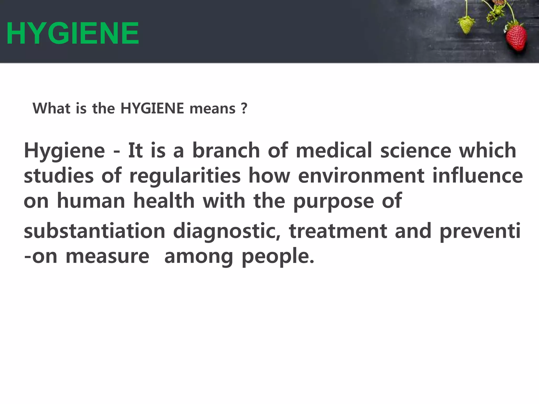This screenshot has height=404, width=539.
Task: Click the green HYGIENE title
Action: (72, 33)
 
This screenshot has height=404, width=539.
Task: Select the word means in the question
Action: (212, 109)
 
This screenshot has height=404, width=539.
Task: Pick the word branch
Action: (226, 150)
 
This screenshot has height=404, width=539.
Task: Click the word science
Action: (416, 150)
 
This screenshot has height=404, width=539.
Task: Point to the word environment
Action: (361, 176)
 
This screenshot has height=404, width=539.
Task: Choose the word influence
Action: (477, 176)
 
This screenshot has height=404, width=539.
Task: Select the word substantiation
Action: (94, 231)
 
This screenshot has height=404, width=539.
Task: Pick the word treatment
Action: (338, 231)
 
